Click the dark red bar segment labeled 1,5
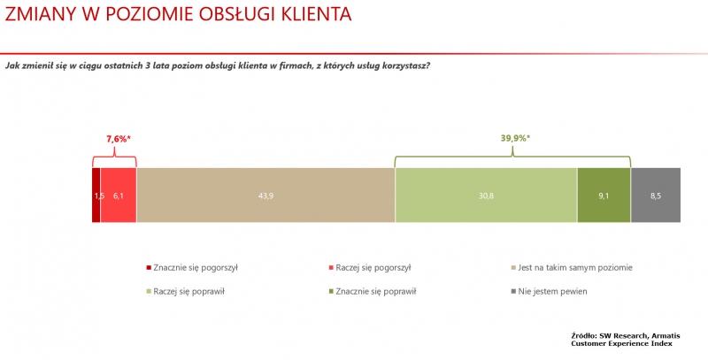[96, 195]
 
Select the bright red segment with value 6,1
[119, 195]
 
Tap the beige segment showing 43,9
[265, 195]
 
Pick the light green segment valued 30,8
[486, 195]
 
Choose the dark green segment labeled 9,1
[604, 195]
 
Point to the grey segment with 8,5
[656, 195]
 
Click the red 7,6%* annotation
[119, 140]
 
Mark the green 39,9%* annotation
[515, 139]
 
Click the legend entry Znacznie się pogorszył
[192, 267]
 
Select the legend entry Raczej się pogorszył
[370, 267]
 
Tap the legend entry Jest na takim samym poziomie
[572, 267]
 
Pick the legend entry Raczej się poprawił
[186, 291]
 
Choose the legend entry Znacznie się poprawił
[373, 291]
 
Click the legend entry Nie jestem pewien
[549, 291]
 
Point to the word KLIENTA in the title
[316, 14]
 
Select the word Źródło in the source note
[583, 336]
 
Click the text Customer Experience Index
[621, 344]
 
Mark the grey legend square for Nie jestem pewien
[513, 292]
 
